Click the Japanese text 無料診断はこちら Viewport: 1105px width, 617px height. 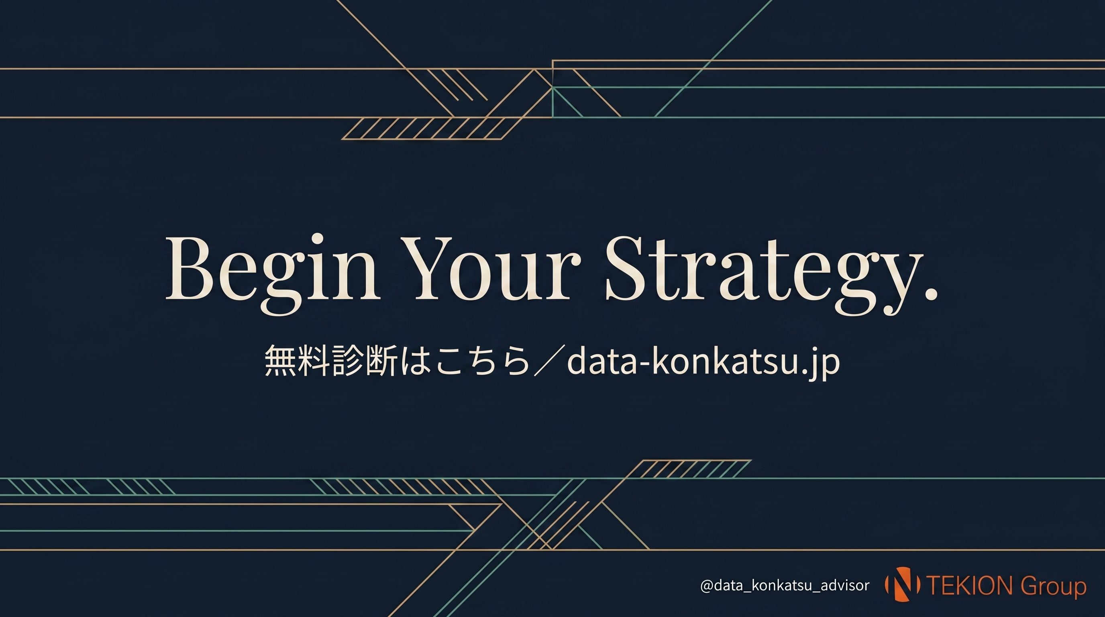(x=397, y=361)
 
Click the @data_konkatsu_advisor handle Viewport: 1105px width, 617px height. (x=785, y=586)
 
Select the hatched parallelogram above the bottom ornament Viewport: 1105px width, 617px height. (x=691, y=469)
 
